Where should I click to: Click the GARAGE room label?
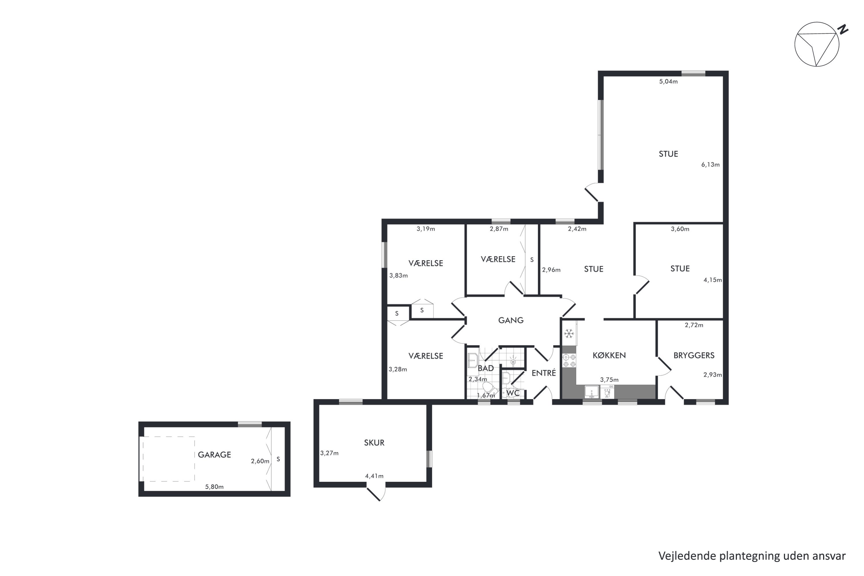(x=214, y=455)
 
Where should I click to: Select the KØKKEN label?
(x=609, y=355)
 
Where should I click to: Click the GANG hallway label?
(x=511, y=320)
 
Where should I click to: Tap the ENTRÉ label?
(x=544, y=373)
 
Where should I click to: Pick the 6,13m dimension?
(x=710, y=164)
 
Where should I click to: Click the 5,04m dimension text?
(x=668, y=82)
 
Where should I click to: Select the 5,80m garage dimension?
(x=214, y=487)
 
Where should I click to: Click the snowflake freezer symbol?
(x=569, y=334)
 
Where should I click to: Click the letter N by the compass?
(x=843, y=29)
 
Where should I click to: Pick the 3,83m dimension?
(x=399, y=276)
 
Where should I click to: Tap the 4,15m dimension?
(x=713, y=280)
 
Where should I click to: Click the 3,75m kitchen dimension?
(x=609, y=380)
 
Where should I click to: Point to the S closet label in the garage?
(x=278, y=459)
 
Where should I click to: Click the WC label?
(x=513, y=393)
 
